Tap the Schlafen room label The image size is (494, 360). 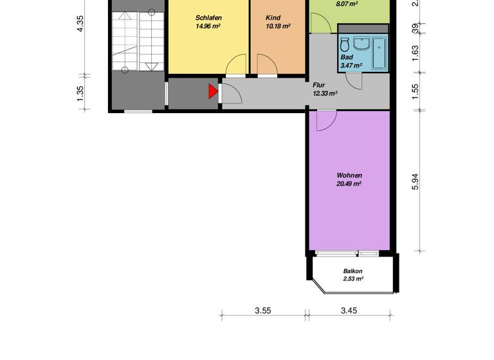point(208,18)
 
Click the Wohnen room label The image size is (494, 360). point(349,175)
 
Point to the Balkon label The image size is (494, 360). point(353,271)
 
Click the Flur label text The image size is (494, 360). point(319,85)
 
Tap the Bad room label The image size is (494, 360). point(347,57)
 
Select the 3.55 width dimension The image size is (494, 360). point(262,310)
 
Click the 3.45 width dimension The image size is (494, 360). point(349,310)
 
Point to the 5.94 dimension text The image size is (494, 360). point(416,182)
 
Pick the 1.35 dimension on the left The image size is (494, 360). point(80,92)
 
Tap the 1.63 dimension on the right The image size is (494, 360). point(416,50)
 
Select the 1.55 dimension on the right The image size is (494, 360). point(416,91)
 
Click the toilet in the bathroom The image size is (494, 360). point(345,45)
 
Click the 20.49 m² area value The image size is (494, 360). point(349,184)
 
